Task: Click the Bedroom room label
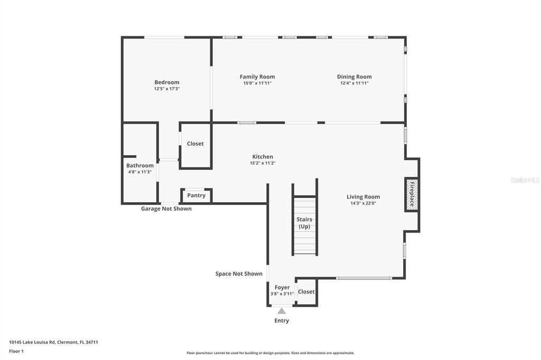[166, 82]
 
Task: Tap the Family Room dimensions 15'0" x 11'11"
[257, 83]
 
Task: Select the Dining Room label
[355, 77]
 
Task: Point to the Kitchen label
[263, 157]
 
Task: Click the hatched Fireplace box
[411, 194]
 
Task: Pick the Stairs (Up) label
[304, 223]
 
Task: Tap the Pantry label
[197, 195]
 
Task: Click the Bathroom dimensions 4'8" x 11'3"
[139, 172]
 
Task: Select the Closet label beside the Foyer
[306, 292]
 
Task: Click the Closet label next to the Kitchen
[195, 144]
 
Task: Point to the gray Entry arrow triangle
[282, 311]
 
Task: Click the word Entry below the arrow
[282, 321]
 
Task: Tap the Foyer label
[282, 287]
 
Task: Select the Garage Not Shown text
[166, 209]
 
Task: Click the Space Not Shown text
[239, 274]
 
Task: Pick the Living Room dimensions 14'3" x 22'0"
[363, 203]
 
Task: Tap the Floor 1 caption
[16, 352]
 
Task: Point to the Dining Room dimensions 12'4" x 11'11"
[355, 83]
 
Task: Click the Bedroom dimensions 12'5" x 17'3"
[167, 89]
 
